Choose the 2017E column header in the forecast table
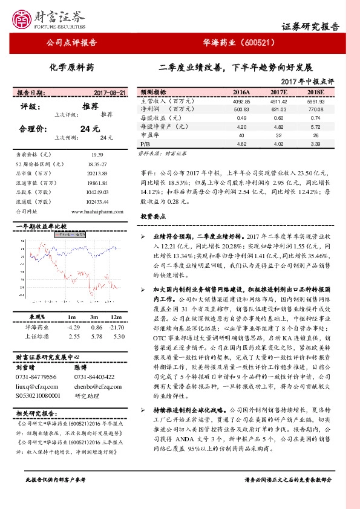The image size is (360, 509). [x=278, y=92]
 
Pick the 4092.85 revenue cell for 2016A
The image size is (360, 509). [x=241, y=102]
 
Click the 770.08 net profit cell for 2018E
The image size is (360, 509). [x=316, y=109]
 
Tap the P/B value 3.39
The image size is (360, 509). [x=316, y=144]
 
